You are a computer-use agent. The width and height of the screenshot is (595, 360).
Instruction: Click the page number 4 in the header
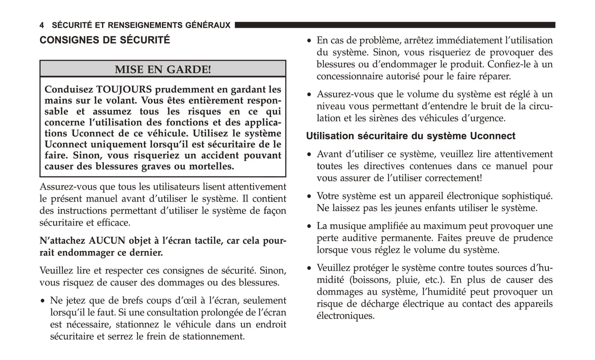point(42,26)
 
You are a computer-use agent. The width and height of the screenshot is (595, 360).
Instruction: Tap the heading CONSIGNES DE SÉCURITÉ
point(105,40)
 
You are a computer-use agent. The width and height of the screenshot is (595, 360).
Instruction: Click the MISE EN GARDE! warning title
point(163,69)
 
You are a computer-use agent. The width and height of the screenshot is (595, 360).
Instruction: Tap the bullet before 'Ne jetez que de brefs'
point(42,301)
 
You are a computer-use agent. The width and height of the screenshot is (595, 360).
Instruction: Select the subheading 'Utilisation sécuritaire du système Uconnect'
point(411,136)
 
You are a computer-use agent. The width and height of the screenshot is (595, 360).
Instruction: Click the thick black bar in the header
point(394,26)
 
